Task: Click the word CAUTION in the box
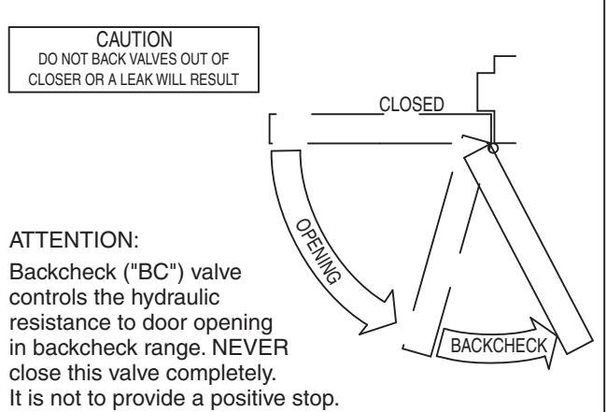(x=134, y=39)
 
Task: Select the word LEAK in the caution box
(x=134, y=79)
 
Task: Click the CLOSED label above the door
(x=412, y=105)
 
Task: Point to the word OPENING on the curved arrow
(x=318, y=251)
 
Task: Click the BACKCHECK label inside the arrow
(x=499, y=346)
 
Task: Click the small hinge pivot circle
(x=493, y=148)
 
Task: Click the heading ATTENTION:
(x=74, y=240)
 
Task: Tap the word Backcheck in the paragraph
(x=63, y=272)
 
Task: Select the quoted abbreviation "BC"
(x=154, y=272)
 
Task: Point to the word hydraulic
(x=176, y=298)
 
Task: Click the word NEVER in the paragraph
(x=250, y=348)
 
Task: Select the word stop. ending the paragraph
(x=319, y=399)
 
